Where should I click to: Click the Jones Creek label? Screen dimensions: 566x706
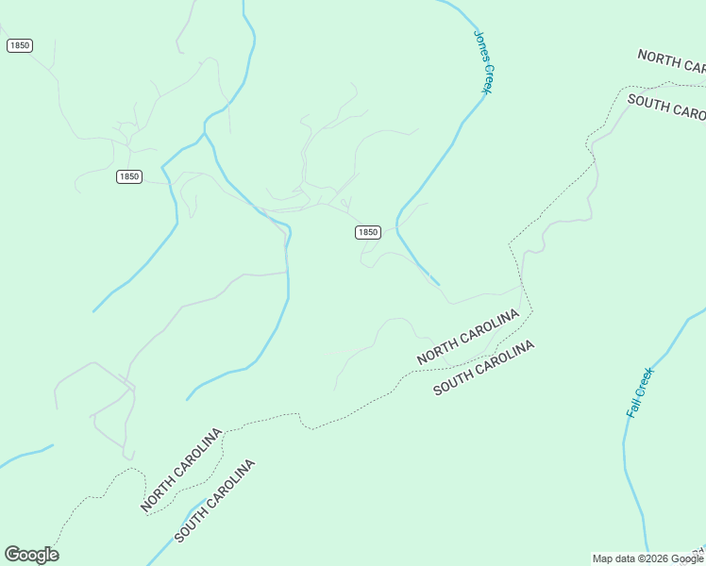pyautogui.click(x=483, y=62)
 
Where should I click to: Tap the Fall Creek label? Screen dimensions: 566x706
pyautogui.click(x=640, y=392)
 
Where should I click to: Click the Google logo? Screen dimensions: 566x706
pyautogui.click(x=31, y=555)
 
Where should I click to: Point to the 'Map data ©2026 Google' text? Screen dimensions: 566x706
pyautogui.click(x=648, y=558)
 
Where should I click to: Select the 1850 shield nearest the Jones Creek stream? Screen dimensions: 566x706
pyautogui.click(x=368, y=232)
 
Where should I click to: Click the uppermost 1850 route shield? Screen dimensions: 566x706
pyautogui.click(x=19, y=45)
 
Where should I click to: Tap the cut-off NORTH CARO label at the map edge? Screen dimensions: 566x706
pyautogui.click(x=671, y=61)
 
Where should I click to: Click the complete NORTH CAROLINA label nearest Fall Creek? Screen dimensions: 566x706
pyautogui.click(x=468, y=336)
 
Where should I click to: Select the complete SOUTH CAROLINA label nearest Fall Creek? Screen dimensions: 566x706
pyautogui.click(x=484, y=368)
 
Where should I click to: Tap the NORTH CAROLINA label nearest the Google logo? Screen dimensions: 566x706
pyautogui.click(x=181, y=470)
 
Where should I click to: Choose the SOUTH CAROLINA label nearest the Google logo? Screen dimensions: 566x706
pyautogui.click(x=215, y=502)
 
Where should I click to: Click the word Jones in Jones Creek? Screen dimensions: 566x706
pyautogui.click(x=479, y=44)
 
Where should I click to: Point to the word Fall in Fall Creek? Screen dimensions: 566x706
pyautogui.click(x=633, y=408)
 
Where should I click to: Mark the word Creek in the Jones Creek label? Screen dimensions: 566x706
pyautogui.click(x=487, y=77)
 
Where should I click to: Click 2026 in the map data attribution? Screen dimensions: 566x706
pyautogui.click(x=653, y=558)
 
